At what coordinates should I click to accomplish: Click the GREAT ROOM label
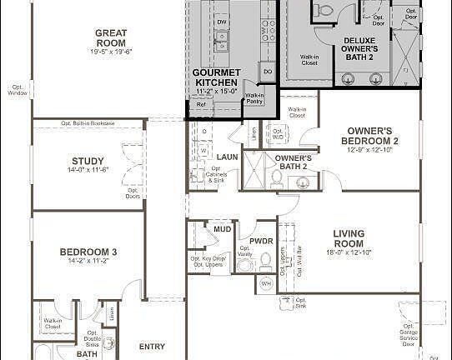[110, 37]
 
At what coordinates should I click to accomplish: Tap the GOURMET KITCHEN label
[215, 77]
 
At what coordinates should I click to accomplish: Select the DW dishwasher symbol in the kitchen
[222, 19]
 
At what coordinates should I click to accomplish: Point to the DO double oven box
[268, 72]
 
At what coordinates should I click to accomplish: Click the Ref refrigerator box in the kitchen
[200, 104]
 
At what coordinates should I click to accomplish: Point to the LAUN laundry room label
[228, 157]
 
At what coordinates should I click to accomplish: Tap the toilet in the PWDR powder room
[266, 261]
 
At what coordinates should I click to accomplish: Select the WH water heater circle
[267, 284]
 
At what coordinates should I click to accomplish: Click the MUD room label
[222, 228]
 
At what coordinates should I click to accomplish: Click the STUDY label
[88, 161]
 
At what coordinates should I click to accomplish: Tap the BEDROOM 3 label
[88, 252]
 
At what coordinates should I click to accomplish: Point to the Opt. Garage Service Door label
[408, 336]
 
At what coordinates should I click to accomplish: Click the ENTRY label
[152, 347]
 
